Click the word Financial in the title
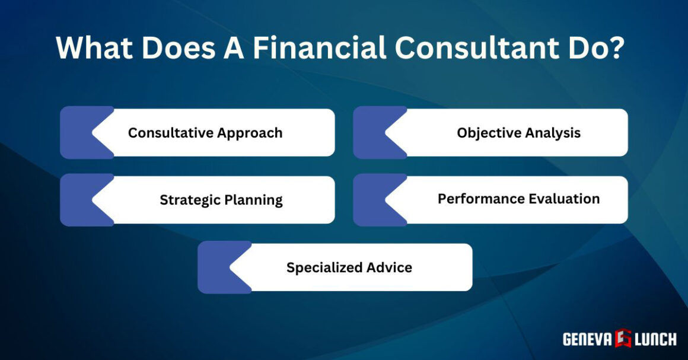tap(318, 48)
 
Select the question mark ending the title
tap(617, 48)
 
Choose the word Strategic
tap(189, 200)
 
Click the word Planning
tap(253, 200)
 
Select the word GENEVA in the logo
tap(587, 339)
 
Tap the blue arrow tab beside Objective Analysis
tap(374, 132)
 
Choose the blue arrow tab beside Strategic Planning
tap(81, 200)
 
